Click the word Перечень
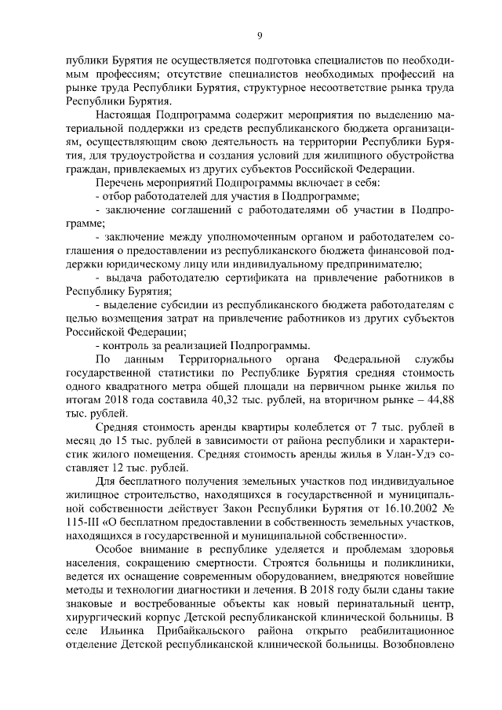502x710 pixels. point(121,182)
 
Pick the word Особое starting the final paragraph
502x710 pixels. point(115,554)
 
